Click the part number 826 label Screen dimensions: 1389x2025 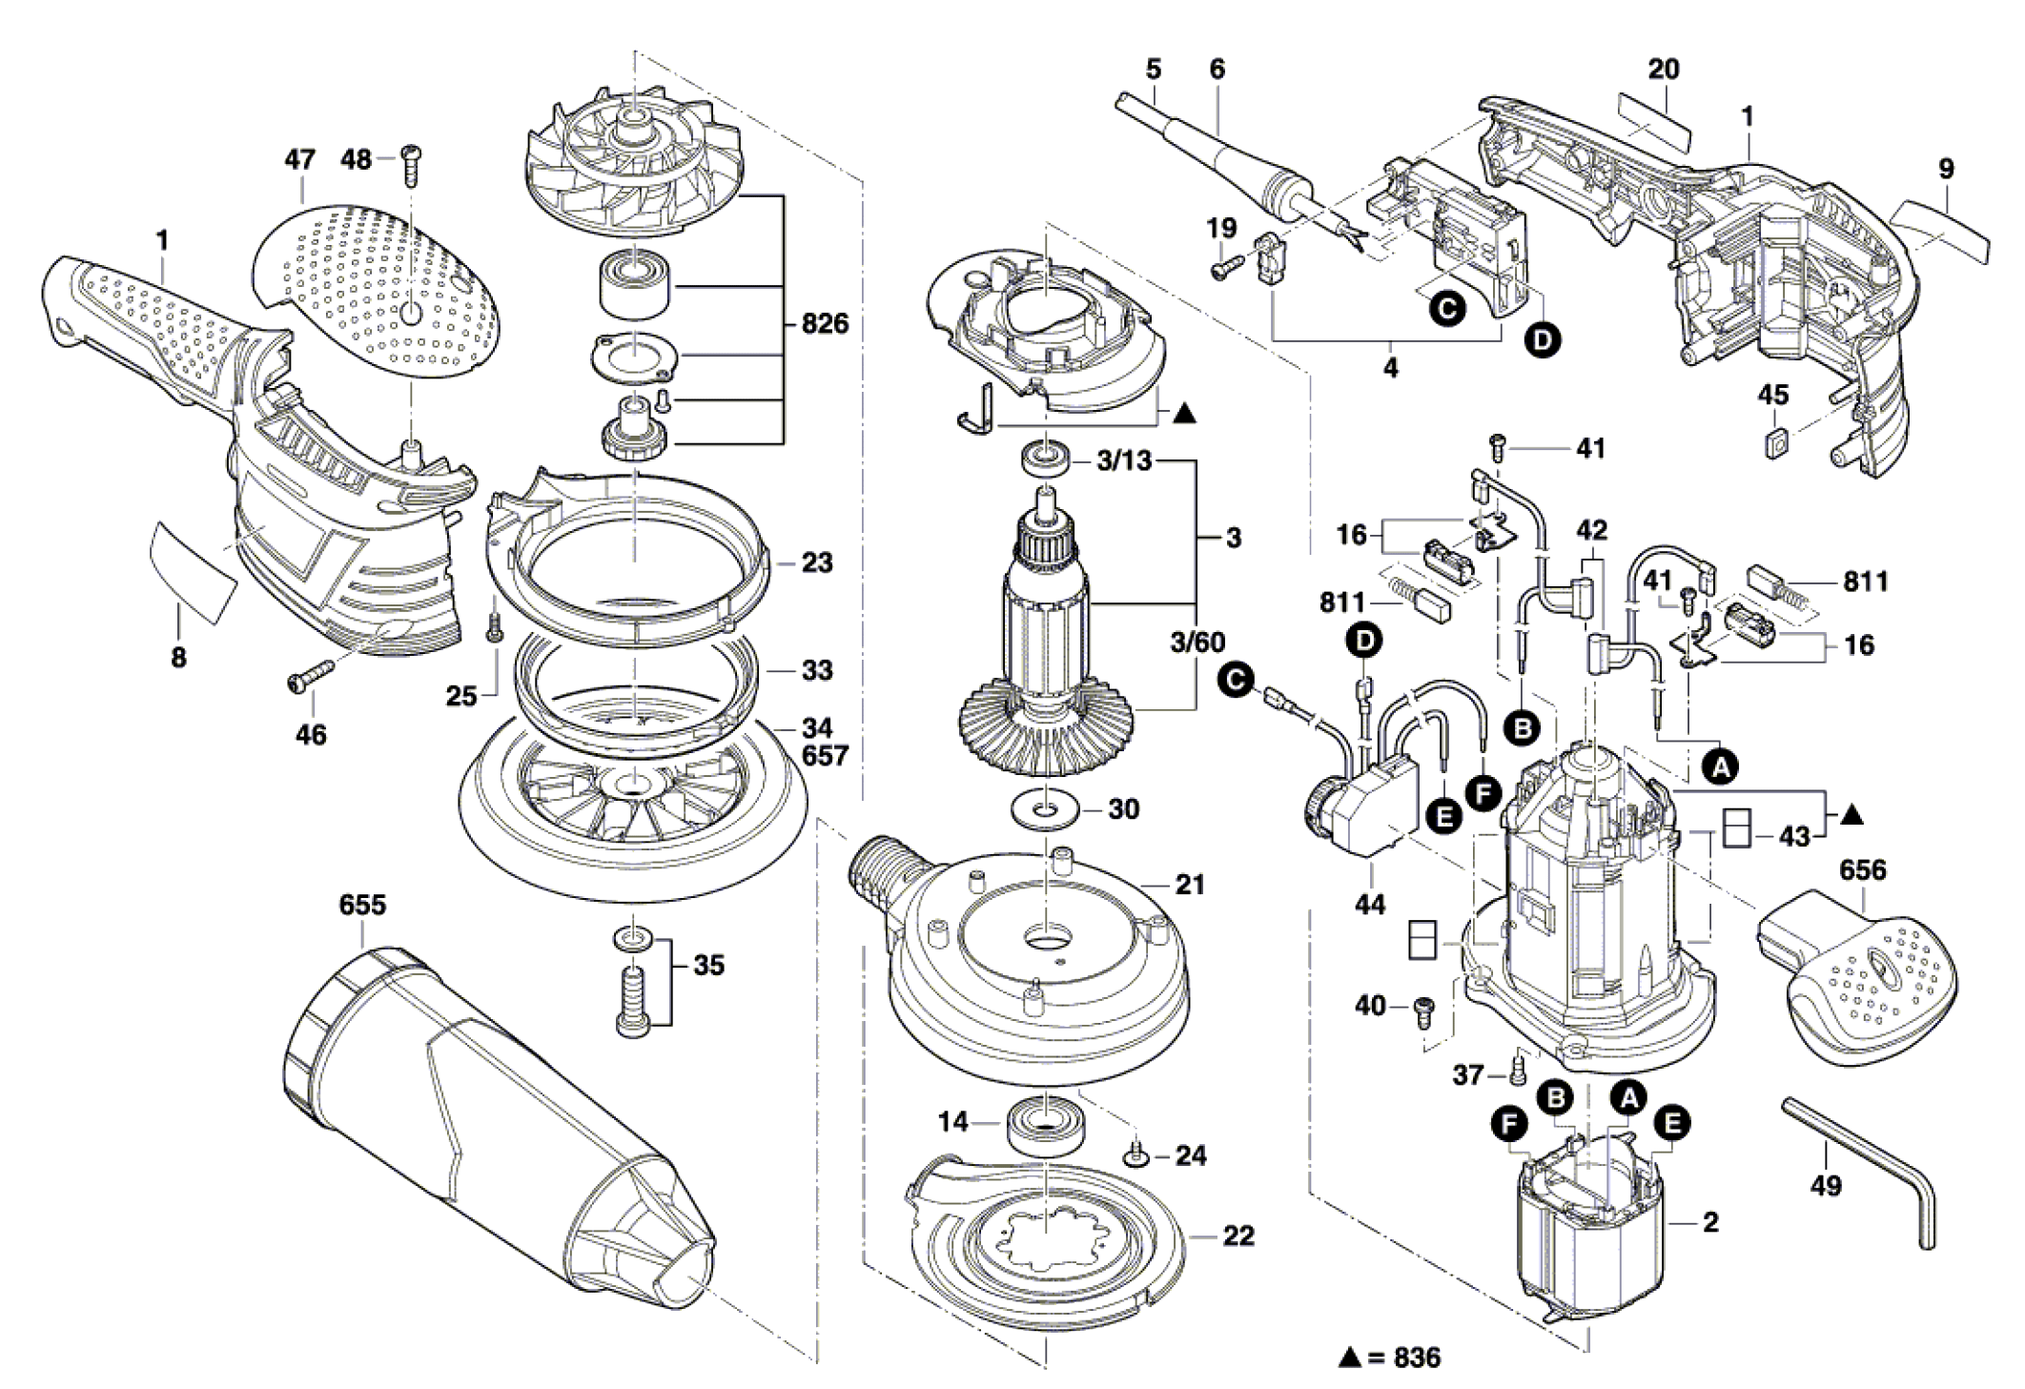(x=824, y=324)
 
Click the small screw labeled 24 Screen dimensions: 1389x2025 (x=1135, y=1155)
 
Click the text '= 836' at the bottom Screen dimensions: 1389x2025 (x=1402, y=1358)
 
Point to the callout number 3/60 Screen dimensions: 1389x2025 (x=1197, y=642)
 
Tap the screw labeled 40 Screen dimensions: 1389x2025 (x=1424, y=1010)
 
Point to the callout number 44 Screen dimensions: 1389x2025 (x=1370, y=903)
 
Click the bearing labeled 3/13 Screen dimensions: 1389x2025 (x=1044, y=457)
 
